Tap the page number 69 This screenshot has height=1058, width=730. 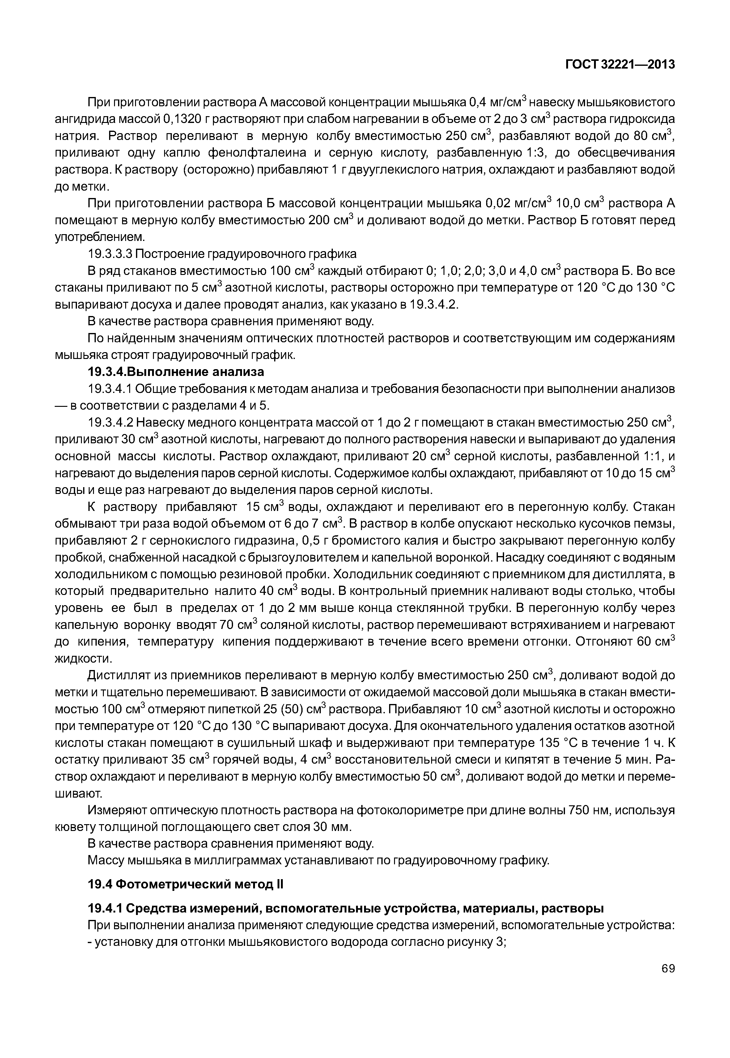[x=668, y=981]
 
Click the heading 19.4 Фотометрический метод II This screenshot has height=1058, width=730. [x=185, y=885]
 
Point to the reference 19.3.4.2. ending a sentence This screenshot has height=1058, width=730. [x=434, y=305]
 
